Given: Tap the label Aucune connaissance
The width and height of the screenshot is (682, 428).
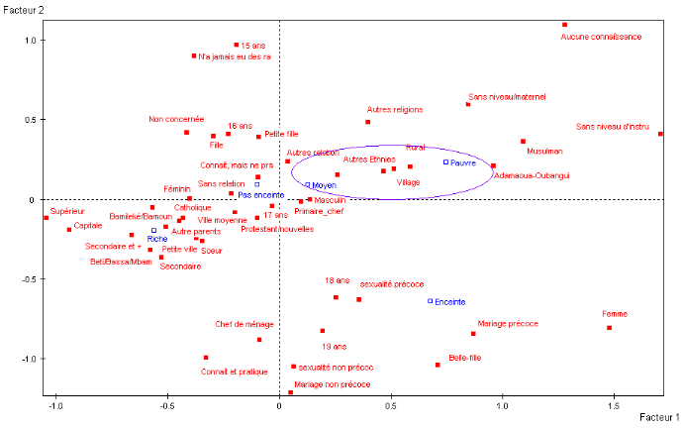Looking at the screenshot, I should (601, 37).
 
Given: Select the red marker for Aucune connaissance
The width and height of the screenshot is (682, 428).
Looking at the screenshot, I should (565, 25).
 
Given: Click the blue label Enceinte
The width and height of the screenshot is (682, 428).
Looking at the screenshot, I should (449, 301).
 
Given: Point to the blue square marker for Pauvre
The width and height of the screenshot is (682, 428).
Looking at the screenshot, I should (445, 161).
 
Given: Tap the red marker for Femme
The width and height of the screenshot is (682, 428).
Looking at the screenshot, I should (610, 328).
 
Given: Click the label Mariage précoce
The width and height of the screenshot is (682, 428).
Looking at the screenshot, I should (508, 323).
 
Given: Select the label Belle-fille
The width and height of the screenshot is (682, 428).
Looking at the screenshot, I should (465, 357).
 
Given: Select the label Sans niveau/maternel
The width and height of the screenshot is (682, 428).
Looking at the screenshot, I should (507, 97).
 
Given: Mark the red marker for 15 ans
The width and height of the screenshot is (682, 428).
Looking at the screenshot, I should (237, 45).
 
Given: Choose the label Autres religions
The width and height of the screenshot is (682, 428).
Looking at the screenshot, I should (395, 110).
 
